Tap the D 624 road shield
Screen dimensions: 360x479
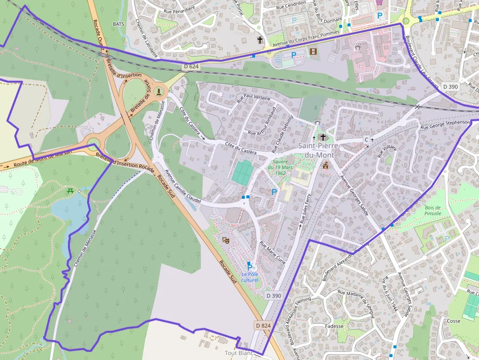(x=192, y=66)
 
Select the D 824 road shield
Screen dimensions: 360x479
(x=263, y=325)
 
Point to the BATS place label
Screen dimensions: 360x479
(x=119, y=23)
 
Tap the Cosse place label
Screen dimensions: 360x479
(x=454, y=321)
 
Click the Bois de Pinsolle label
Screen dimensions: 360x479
(x=433, y=211)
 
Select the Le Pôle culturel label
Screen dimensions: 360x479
(x=249, y=276)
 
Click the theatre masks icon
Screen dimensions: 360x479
(x=225, y=240)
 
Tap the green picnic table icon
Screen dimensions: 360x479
(x=71, y=191)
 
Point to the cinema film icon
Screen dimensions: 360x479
(x=313, y=51)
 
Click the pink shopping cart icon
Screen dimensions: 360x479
(x=379, y=2)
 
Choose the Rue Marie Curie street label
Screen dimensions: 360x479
(x=272, y=252)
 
